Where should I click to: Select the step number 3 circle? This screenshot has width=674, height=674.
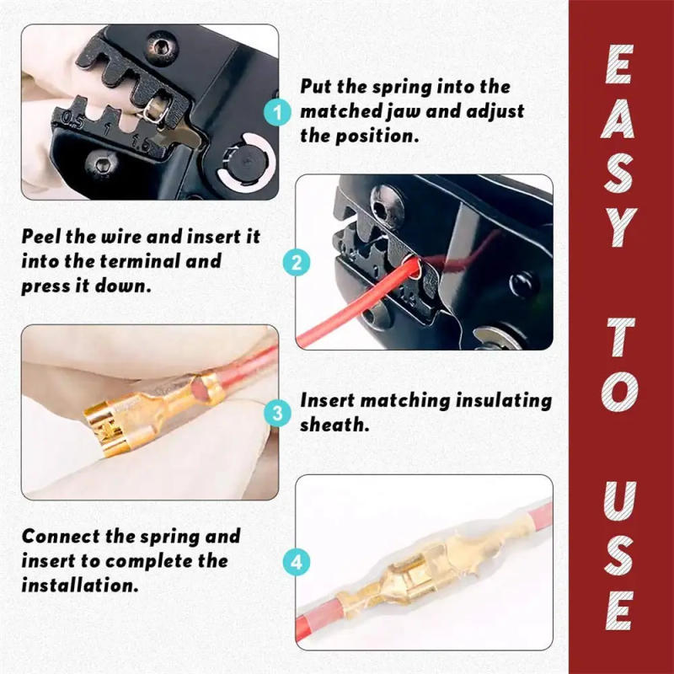click(276, 413)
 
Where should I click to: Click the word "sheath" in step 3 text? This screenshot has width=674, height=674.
click(334, 425)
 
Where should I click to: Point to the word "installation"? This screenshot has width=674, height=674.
click(79, 585)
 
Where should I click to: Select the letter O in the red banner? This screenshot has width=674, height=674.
click(622, 393)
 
